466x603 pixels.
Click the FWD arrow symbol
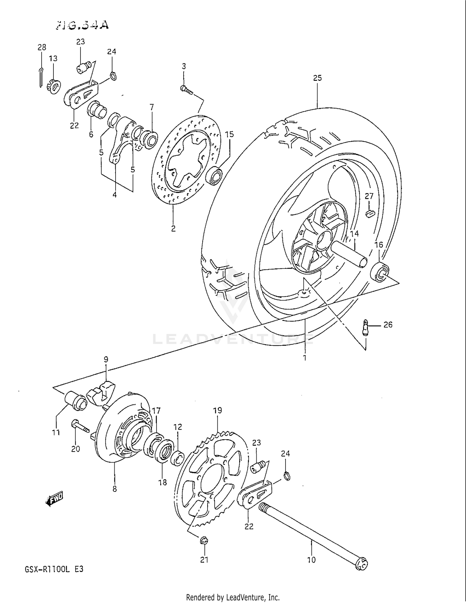(x=55, y=499)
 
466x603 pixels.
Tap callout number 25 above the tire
(x=317, y=78)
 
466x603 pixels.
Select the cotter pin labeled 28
(x=41, y=77)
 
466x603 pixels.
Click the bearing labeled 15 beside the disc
(x=214, y=176)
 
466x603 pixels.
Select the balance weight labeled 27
(x=369, y=213)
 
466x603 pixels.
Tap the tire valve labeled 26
(x=366, y=327)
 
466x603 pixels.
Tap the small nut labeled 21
(x=204, y=541)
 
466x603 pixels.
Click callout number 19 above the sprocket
(x=217, y=410)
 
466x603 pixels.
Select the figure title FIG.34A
(x=83, y=25)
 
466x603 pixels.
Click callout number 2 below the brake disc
(x=173, y=228)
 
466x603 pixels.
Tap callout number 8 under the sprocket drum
(x=115, y=489)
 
